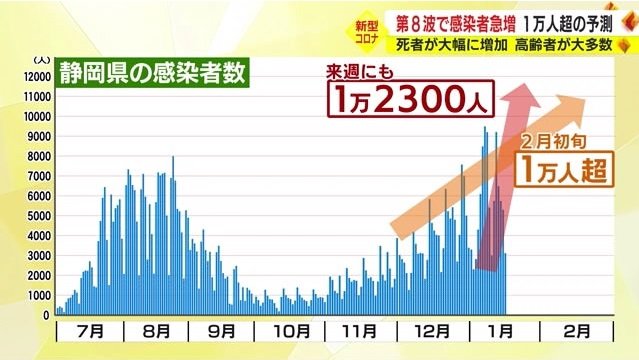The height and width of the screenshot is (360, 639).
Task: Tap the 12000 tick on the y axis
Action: pyautogui.click(x=37, y=77)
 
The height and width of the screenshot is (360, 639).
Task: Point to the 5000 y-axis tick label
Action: pyautogui.click(x=39, y=216)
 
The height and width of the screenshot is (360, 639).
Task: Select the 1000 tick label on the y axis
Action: pyautogui.click(x=39, y=296)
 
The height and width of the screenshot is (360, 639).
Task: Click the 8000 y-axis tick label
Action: pyautogui.click(x=39, y=156)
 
